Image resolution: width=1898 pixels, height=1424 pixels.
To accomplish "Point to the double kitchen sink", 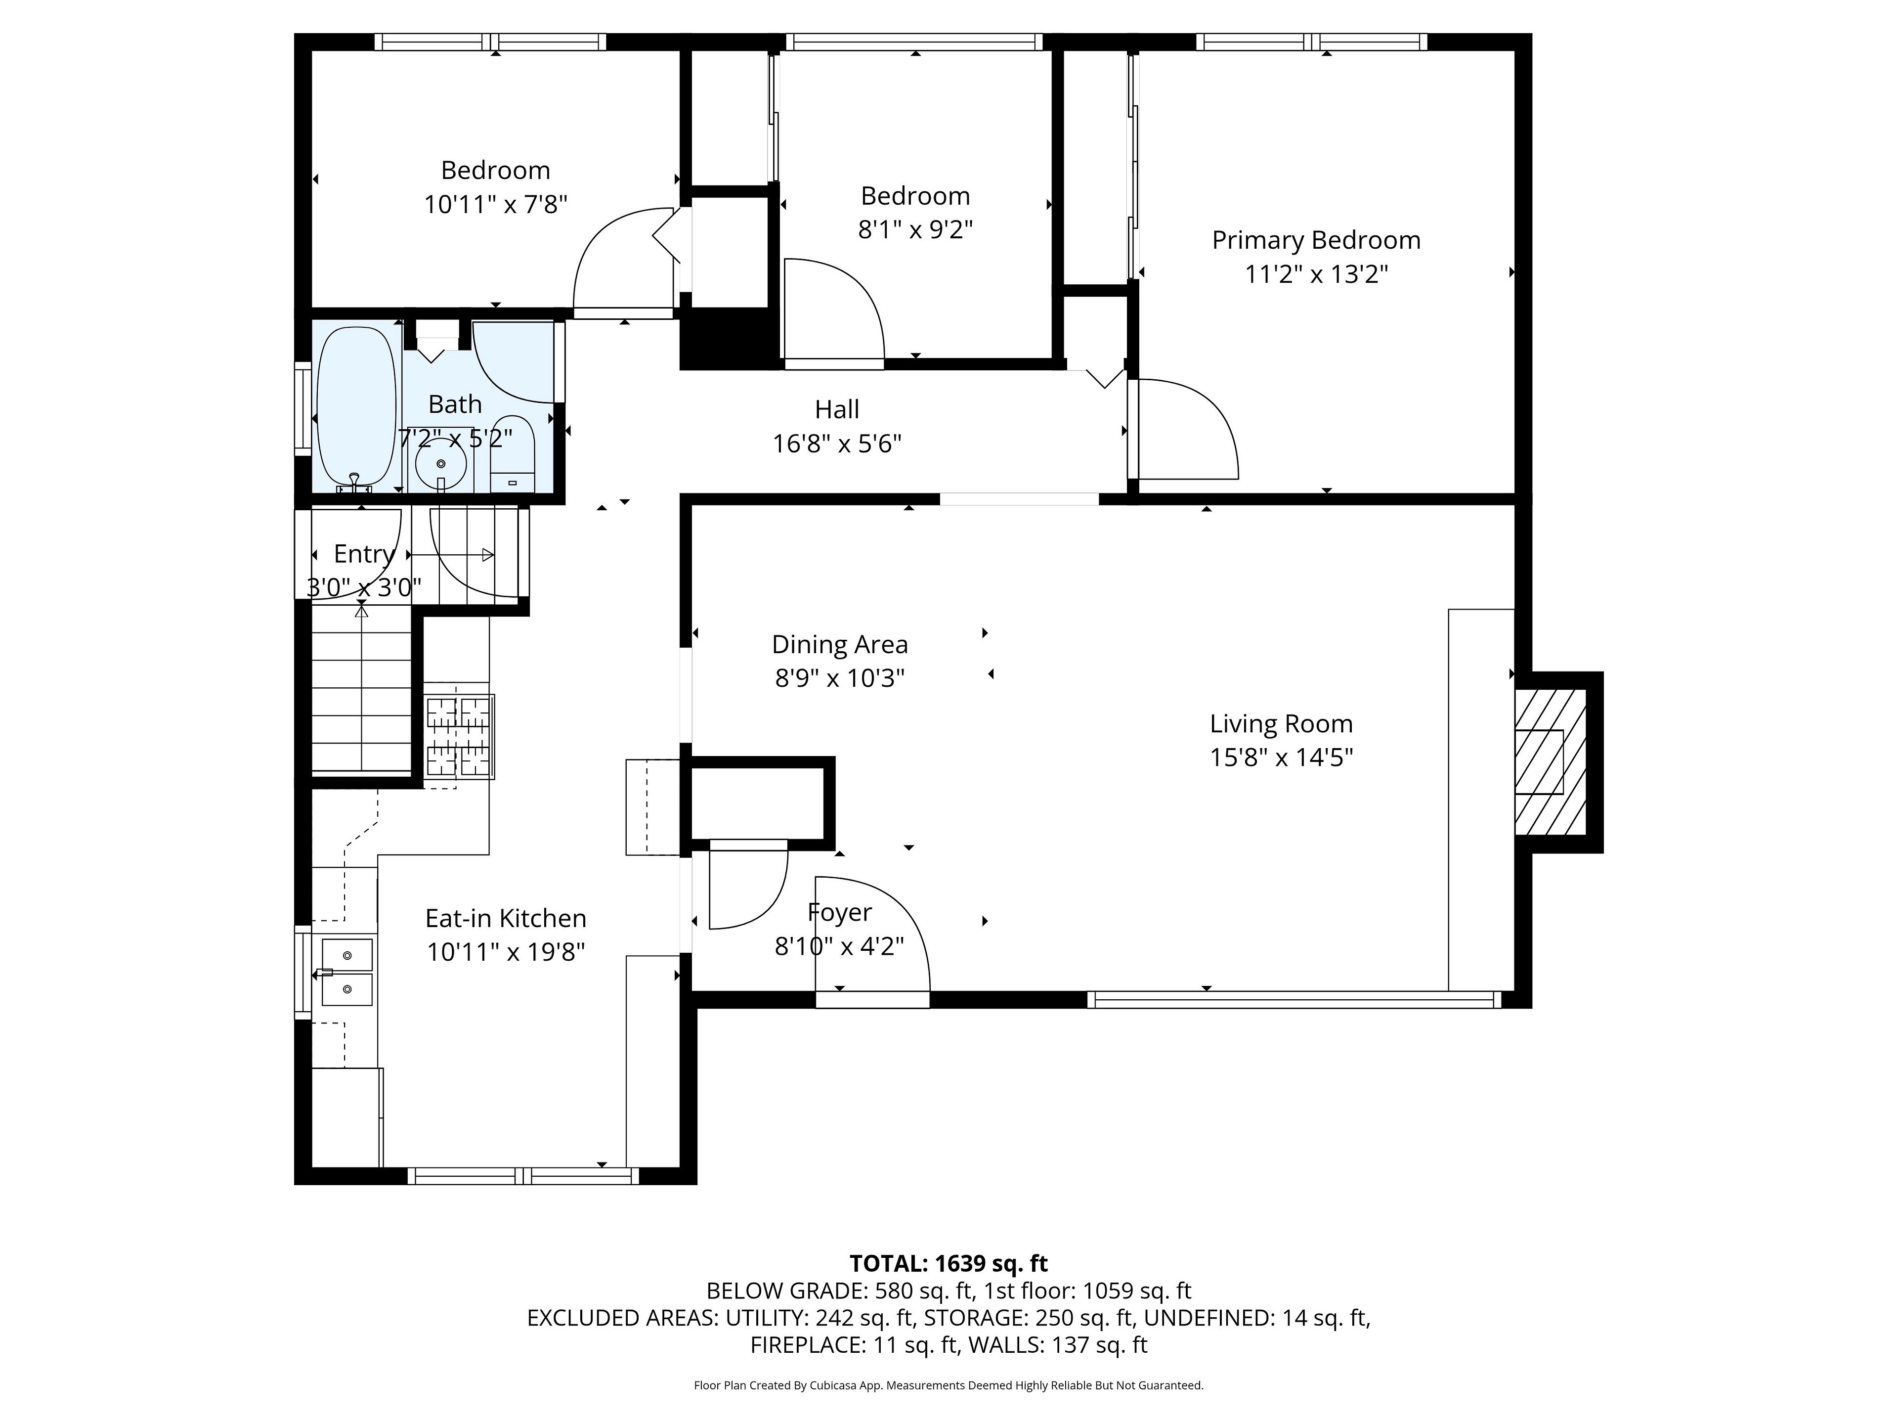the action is pos(347,972).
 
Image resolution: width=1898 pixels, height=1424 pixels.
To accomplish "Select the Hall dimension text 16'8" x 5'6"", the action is pos(837,444).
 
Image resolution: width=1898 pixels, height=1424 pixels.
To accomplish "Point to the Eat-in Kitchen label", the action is pos(506,919).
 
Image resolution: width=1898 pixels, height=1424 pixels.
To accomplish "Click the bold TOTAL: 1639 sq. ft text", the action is pos(948,1263).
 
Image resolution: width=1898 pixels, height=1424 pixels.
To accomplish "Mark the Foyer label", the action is pos(839,912).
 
